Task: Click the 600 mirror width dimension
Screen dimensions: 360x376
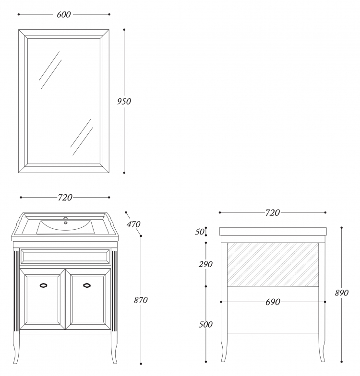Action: pyautogui.click(x=63, y=14)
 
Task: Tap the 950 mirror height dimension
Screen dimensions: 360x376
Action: pyautogui.click(x=124, y=102)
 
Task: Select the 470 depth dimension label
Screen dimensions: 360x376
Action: pyautogui.click(x=133, y=224)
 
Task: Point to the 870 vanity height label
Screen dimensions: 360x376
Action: pyautogui.click(x=141, y=300)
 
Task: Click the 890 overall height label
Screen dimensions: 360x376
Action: pyautogui.click(x=342, y=293)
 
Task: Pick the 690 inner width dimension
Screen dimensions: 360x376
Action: pyautogui.click(x=273, y=302)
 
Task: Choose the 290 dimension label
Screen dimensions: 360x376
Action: pyautogui.click(x=205, y=264)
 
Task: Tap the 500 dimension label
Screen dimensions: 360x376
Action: pyautogui.click(x=205, y=324)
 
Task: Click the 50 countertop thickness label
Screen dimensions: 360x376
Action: pyautogui.click(x=200, y=232)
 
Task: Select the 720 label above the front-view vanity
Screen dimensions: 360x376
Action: pyautogui.click(x=65, y=198)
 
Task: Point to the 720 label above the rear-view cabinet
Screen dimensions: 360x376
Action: pyautogui.click(x=273, y=213)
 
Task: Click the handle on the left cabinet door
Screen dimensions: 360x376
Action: pyautogui.click(x=43, y=285)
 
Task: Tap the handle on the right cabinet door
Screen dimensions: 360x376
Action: pyautogui.click(x=87, y=285)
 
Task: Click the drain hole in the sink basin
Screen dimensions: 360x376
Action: pyautogui.click(x=65, y=223)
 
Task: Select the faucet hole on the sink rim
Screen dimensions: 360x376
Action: pyautogui.click(x=65, y=218)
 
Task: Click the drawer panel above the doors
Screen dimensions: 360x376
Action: pyautogui.click(x=65, y=257)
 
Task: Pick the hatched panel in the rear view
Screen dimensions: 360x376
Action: pyautogui.click(x=273, y=265)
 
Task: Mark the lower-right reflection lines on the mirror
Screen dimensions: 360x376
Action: pyautogui.click(x=82, y=137)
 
